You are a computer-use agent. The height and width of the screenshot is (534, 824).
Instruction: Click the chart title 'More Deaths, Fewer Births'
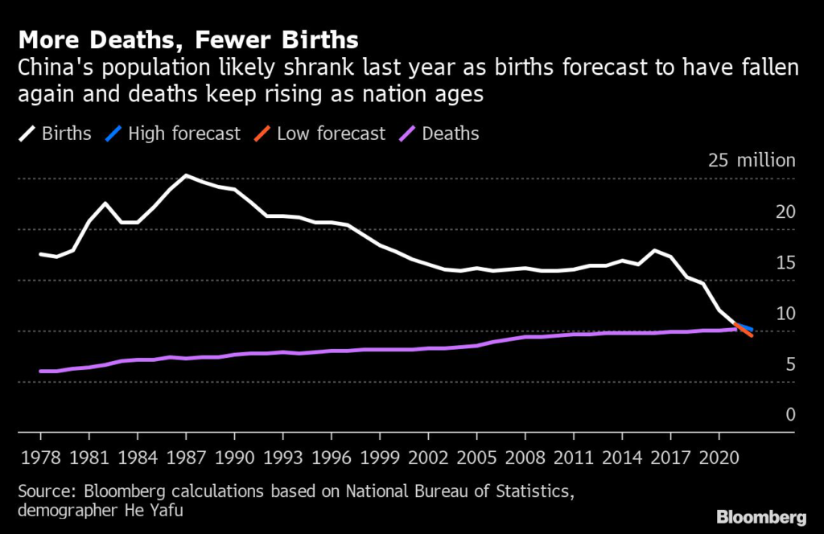point(189,39)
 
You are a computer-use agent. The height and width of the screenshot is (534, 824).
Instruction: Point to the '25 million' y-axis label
point(751,160)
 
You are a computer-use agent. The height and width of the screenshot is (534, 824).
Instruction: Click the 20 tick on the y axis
point(785,212)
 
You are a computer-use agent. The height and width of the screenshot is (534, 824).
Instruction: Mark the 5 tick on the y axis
point(790,365)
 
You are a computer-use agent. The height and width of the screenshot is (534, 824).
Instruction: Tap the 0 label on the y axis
point(790,415)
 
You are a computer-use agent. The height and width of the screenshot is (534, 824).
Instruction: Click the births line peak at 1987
point(186,175)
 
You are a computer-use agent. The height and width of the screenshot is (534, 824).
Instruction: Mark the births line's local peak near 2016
point(655,251)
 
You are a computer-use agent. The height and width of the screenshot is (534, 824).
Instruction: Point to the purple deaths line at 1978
point(41,371)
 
